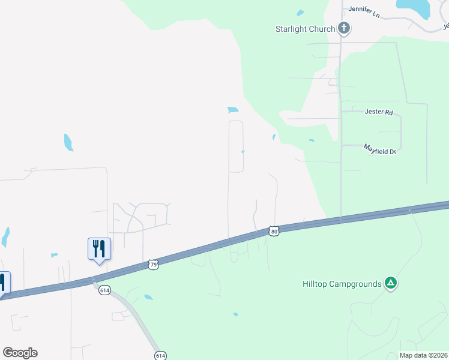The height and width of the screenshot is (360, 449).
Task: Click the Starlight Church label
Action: (x=305, y=29)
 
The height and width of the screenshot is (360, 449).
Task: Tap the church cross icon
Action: (x=344, y=28)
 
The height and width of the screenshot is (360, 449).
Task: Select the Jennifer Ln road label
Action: (x=366, y=10)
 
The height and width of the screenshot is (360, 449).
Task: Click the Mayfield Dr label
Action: (x=381, y=149)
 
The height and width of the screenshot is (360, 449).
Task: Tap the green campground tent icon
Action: (x=391, y=283)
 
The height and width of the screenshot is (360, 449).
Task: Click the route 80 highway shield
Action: (x=274, y=232)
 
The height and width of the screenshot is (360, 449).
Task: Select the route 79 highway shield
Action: (x=153, y=264)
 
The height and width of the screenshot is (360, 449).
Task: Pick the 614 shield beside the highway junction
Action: (x=105, y=290)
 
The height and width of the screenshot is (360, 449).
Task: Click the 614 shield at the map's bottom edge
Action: (x=160, y=355)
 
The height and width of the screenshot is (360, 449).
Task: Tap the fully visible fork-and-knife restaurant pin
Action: (x=99, y=248)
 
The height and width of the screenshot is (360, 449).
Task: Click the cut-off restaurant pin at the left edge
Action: (x=3, y=283)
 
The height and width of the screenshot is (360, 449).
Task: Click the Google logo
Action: (x=20, y=353)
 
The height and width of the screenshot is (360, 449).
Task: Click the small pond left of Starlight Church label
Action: (x=300, y=13)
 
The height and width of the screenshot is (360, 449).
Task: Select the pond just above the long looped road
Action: (x=233, y=110)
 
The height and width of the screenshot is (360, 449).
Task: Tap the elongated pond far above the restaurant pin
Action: (x=68, y=142)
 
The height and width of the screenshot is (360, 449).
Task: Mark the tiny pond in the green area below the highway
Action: (x=235, y=314)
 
